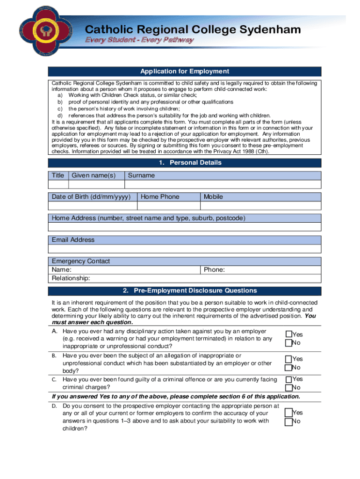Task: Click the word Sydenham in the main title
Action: pos(270,30)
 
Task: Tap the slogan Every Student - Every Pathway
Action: pos(139,40)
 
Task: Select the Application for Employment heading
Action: pos(185,72)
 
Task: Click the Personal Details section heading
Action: pos(185,163)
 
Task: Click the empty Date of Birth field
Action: pos(92,205)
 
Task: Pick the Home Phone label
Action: pos(160,197)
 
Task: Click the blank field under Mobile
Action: pos(261,205)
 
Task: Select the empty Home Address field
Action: pos(185,227)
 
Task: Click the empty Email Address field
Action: pos(185,248)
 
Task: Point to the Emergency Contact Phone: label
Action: pos(215,270)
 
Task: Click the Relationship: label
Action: pos(71,278)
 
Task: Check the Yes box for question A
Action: pos(288,334)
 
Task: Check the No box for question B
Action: pos(288,367)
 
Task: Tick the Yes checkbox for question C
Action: pos(288,379)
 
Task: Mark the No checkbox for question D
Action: pos(288,421)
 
